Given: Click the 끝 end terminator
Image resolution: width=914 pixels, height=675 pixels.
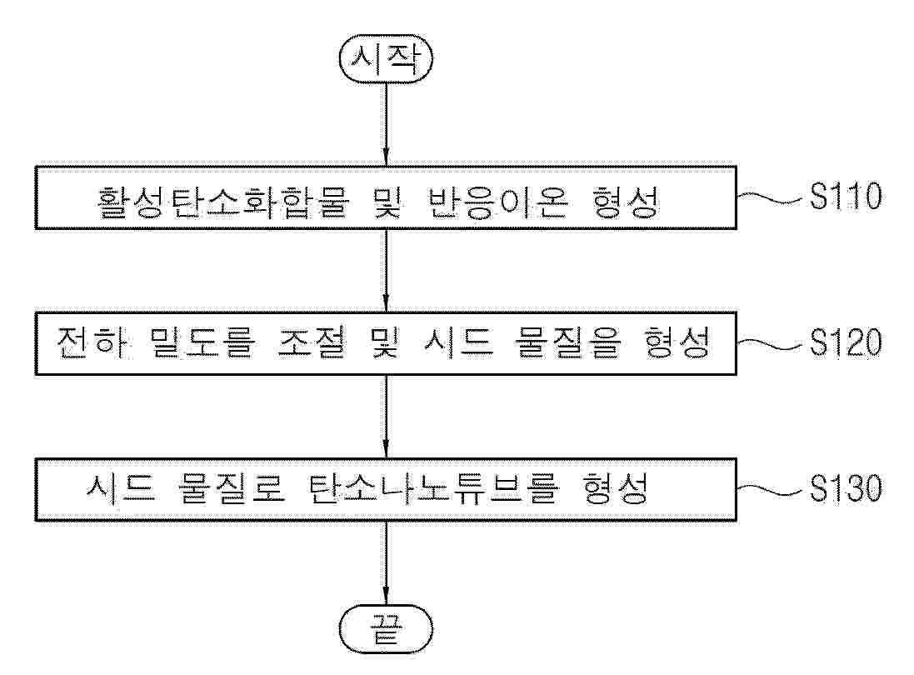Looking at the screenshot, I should [x=386, y=627].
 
